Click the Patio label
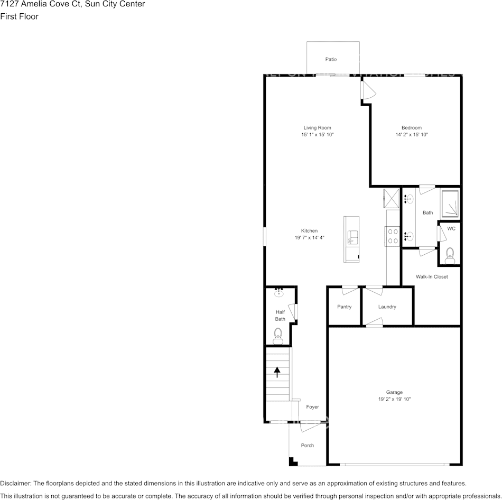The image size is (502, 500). point(331,59)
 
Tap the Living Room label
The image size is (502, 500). point(317,127)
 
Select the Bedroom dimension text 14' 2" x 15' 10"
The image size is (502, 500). point(411,135)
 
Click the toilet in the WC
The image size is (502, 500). point(450,256)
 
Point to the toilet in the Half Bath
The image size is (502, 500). point(277,335)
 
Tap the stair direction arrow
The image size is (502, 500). point(277,372)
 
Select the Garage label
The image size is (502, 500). point(394,392)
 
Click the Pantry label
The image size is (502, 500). point(344,307)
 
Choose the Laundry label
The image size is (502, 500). point(387,307)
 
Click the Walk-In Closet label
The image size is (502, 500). point(431,276)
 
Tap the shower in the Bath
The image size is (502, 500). point(451,205)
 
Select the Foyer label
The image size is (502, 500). point(312,407)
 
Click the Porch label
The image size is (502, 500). point(307,446)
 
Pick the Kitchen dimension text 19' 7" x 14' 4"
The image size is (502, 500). point(309,238)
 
